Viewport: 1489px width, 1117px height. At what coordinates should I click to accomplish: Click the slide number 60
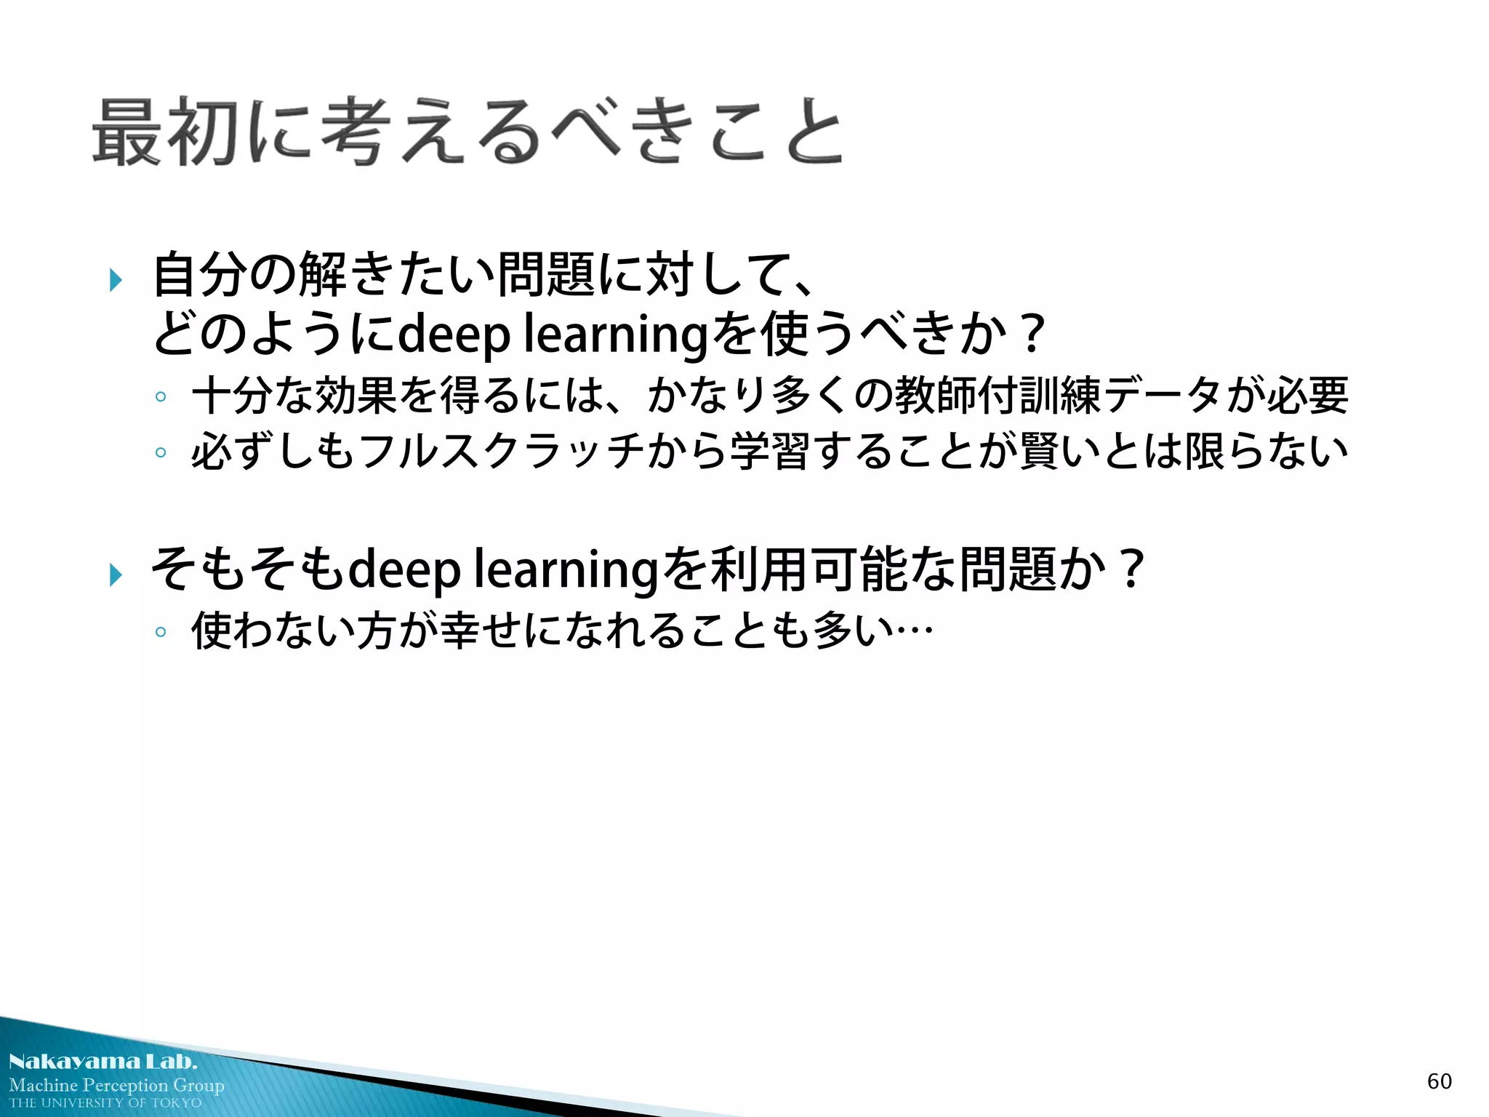[1439, 1081]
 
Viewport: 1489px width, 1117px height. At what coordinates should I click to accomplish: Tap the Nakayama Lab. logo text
[103, 1062]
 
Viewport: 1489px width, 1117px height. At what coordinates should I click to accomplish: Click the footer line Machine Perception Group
[116, 1085]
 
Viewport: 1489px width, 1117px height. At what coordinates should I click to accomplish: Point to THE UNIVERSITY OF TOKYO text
[105, 1103]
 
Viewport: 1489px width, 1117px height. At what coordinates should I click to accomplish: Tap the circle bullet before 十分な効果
[161, 397]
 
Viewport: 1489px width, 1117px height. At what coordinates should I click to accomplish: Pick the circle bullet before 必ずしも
[161, 453]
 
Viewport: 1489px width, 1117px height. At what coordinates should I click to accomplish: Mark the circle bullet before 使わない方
[161, 631]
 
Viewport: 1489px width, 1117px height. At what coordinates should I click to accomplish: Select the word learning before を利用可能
[566, 570]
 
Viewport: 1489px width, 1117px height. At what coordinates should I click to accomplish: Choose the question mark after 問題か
[1131, 569]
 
